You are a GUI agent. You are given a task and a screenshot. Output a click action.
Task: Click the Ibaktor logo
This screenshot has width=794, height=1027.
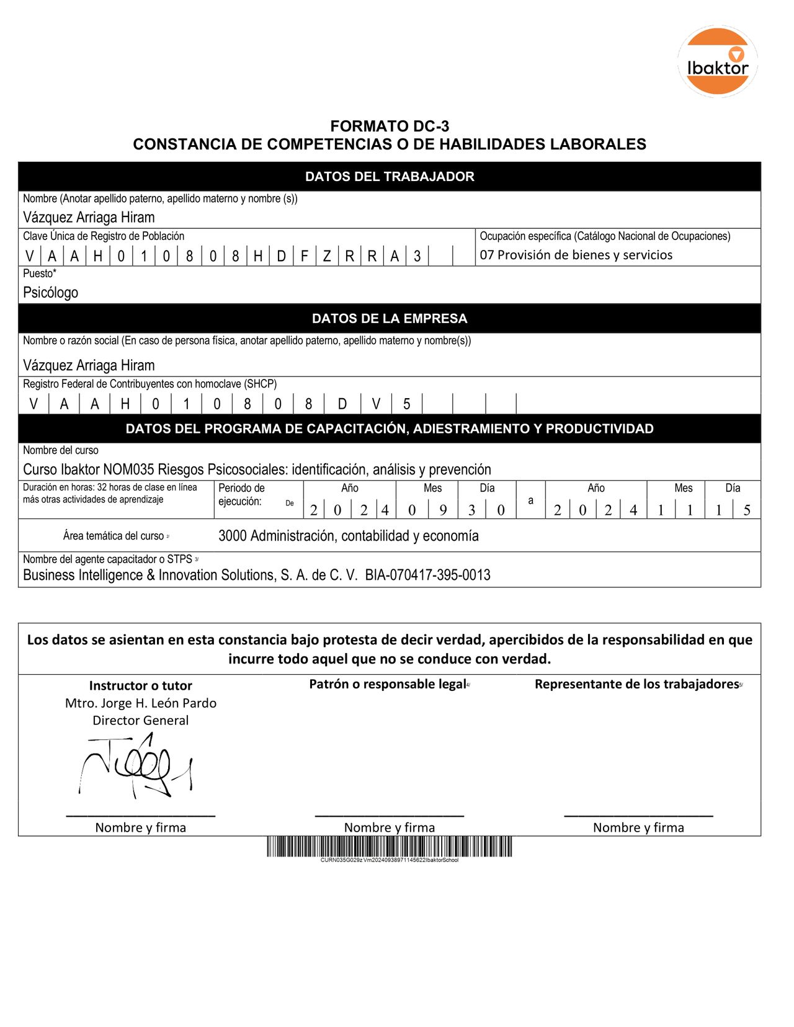[x=718, y=61]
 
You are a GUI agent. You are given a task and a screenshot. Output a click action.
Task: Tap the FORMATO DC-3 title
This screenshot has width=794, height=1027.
[x=390, y=127]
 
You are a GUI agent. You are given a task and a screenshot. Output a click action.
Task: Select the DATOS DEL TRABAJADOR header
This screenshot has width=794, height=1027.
[x=390, y=177]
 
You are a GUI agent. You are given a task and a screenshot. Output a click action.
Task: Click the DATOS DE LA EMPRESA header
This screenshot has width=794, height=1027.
[x=390, y=319]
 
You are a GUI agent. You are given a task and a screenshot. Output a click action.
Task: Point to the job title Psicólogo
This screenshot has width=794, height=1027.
[x=51, y=293]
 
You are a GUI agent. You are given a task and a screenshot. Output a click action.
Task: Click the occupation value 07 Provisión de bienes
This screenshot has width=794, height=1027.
[x=576, y=255]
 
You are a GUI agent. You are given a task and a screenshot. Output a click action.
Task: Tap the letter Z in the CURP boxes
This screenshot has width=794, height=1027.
[x=327, y=256]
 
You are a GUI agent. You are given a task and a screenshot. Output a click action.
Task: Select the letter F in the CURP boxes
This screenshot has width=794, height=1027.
[x=305, y=256]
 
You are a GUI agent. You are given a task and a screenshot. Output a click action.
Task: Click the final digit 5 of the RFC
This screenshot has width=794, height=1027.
[x=407, y=404]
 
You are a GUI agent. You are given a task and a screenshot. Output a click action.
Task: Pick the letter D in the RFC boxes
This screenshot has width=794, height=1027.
[x=342, y=404]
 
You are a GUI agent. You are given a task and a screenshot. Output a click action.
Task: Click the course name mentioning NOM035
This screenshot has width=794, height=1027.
[x=257, y=469]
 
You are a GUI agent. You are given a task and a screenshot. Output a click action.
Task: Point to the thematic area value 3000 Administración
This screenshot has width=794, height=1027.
[x=348, y=536]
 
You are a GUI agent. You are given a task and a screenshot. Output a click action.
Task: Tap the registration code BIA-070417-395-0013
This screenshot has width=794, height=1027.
[x=427, y=576]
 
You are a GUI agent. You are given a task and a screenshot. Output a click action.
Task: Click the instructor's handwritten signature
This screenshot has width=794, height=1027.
[x=136, y=767]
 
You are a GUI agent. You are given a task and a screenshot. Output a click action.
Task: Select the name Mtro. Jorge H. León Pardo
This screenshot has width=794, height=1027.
[x=141, y=703]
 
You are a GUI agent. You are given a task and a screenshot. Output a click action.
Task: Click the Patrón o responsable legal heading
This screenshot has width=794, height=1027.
[x=388, y=684]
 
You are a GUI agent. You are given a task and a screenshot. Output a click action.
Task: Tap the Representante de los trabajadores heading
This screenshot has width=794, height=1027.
[x=637, y=684]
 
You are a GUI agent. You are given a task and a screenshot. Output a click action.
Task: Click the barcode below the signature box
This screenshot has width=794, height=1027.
[x=390, y=847]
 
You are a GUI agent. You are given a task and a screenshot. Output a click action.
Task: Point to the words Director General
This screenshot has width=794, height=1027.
[x=141, y=721]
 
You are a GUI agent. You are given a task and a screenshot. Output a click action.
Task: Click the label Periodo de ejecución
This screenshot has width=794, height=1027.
[x=242, y=495]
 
